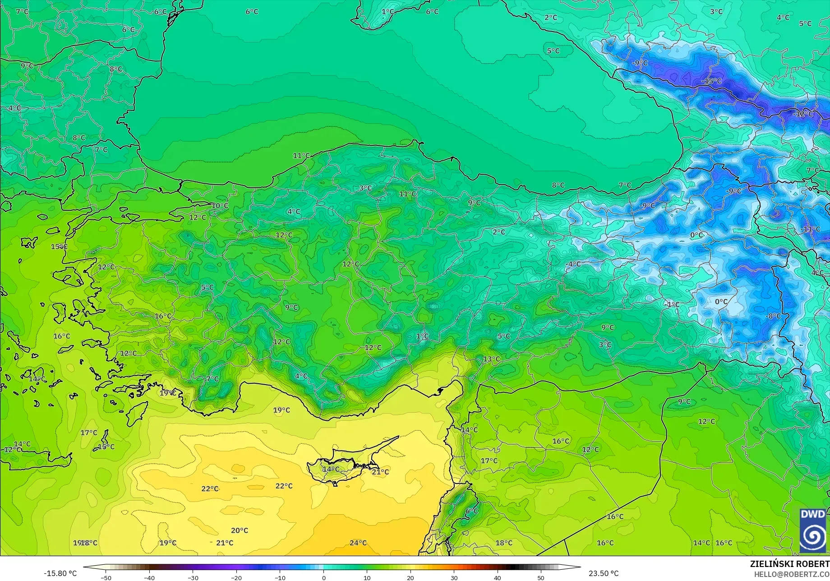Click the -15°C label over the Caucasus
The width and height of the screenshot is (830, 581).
click(711, 81)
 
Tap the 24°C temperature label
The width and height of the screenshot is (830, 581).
click(358, 543)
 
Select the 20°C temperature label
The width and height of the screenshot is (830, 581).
click(240, 530)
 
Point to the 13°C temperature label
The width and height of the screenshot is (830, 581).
click(492, 359)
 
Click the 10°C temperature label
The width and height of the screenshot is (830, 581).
click(220, 206)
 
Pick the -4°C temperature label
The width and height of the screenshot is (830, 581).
click(573, 264)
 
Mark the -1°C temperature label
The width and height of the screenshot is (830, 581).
click(672, 305)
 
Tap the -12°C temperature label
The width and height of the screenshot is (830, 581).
click(802, 114)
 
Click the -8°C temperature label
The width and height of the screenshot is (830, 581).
click(773, 316)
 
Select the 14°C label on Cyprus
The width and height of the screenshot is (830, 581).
click(331, 469)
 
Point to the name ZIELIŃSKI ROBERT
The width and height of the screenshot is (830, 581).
click(789, 564)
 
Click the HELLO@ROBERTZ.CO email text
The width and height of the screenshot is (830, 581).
click(792, 574)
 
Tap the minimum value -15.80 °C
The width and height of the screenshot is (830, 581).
click(60, 573)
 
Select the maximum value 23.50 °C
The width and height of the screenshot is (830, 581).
click(604, 573)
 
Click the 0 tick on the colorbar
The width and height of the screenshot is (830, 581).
click(323, 577)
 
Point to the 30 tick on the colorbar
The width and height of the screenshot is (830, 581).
click(454, 577)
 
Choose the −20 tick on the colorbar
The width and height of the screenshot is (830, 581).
click(236, 577)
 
